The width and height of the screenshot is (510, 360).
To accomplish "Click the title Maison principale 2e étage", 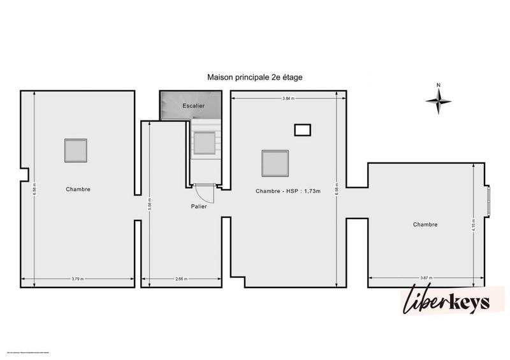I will tap(254, 77).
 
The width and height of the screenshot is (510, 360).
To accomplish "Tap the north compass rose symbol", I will tap(439, 99).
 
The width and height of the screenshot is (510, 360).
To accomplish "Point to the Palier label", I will tap(198, 206).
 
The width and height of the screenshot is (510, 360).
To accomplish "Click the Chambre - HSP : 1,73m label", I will tap(288, 191).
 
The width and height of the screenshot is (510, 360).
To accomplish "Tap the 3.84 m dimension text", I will tap(289, 98).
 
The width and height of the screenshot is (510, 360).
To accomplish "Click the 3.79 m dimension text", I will tap(78, 278).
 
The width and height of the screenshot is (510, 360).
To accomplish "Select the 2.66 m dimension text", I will tap(181, 278).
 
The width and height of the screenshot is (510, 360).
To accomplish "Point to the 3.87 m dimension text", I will tap(426, 278).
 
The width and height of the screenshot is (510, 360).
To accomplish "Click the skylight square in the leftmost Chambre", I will tap(76, 150).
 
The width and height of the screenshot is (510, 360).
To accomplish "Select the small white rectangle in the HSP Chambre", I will tap(302, 130).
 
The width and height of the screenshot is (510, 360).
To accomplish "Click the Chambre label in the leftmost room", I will tap(78, 189).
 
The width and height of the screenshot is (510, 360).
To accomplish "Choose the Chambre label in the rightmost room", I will tap(425, 224).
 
